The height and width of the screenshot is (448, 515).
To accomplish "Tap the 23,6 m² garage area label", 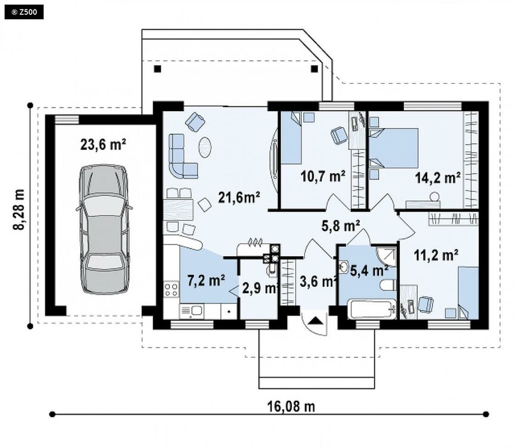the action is (103, 145).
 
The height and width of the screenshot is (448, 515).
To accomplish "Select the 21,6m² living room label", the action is (239, 198).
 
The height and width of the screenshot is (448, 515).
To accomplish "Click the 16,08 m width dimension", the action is (291, 407).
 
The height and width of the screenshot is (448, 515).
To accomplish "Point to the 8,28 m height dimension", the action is (19, 210).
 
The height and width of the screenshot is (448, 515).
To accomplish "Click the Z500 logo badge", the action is (24, 13).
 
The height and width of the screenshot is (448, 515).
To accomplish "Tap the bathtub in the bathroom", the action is (372, 309).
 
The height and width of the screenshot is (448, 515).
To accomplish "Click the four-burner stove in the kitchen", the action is (171, 289).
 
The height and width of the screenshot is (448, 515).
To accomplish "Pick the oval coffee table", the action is (205, 148).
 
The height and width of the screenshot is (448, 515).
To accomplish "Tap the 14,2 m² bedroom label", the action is (437, 178).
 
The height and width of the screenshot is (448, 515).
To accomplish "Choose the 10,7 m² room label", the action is (323, 176).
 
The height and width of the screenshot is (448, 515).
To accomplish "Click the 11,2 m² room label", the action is (436, 254).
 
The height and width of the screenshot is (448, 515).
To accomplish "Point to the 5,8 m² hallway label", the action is (341, 226).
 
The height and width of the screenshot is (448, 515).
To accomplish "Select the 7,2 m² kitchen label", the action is (206, 280).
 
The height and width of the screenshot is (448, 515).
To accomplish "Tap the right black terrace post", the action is (314, 69).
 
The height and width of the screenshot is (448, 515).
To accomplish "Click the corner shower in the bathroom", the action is (387, 256).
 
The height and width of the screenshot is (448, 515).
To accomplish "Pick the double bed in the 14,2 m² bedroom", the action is (393, 148).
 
